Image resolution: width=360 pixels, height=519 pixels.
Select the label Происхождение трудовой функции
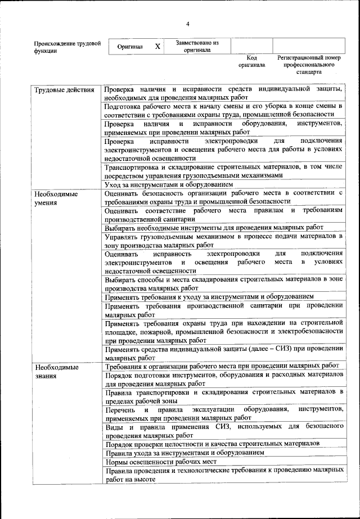67,46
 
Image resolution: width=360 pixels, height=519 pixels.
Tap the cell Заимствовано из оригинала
197,46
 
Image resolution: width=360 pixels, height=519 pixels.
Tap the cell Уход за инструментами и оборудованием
168,184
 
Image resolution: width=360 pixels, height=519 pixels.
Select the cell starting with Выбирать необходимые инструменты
214,227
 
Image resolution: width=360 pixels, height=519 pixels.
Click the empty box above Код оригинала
251,46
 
